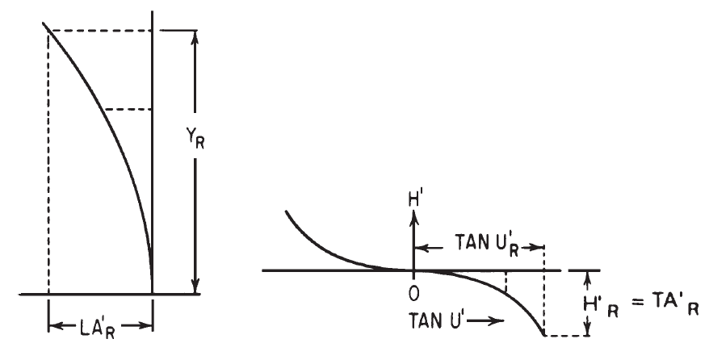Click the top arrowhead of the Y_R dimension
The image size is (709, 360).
point(194,36)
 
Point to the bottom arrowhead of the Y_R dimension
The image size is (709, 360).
point(194,289)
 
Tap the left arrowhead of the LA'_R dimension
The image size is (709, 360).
point(53,326)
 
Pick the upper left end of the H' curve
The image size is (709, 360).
point(286,212)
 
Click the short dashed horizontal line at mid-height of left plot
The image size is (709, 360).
point(128,109)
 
